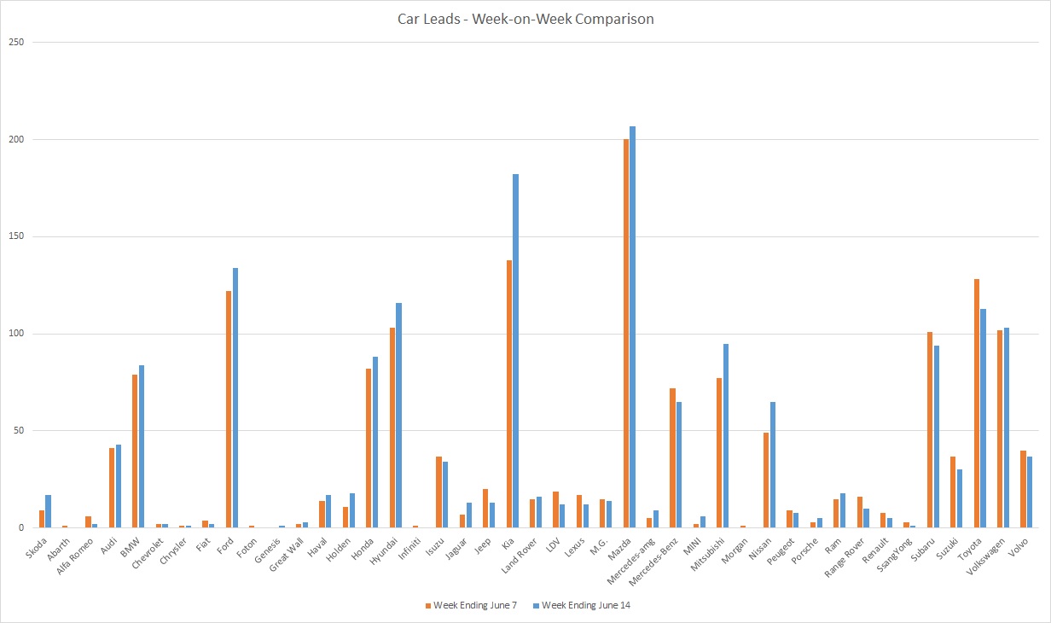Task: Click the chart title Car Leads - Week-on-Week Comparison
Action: point(525,19)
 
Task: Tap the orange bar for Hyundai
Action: point(392,428)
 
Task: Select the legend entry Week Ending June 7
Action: point(469,606)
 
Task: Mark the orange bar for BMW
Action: point(135,451)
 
